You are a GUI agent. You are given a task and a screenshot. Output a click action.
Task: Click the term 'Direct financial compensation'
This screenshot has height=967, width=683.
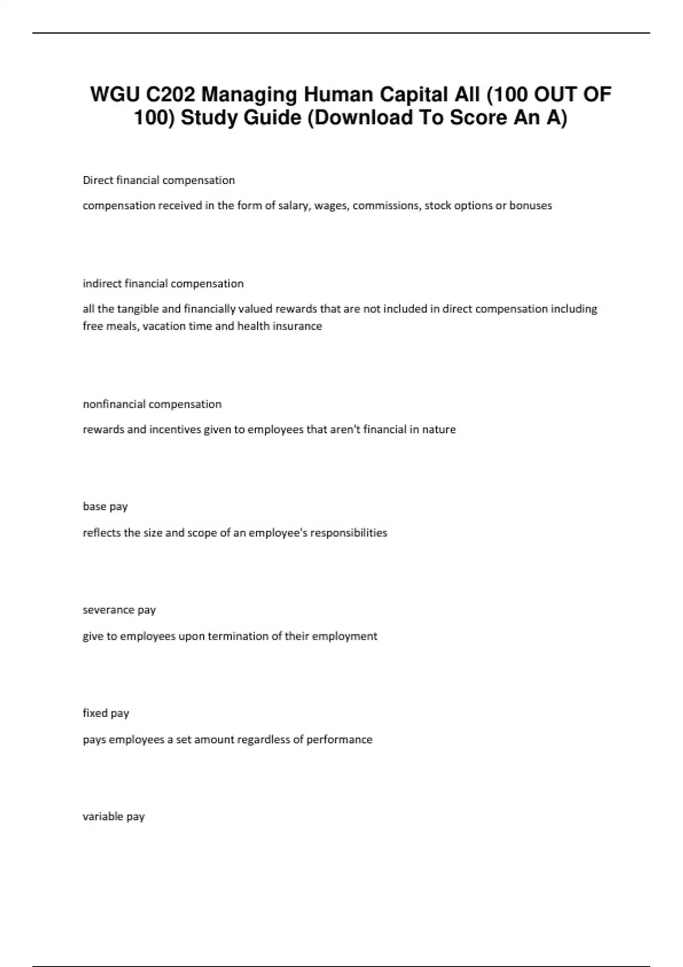(159, 180)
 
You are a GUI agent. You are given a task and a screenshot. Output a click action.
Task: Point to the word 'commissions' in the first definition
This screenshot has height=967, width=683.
(385, 205)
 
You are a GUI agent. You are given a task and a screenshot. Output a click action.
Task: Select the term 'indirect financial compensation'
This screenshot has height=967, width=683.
(163, 283)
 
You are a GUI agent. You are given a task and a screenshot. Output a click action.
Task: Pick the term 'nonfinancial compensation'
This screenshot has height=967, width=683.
(152, 404)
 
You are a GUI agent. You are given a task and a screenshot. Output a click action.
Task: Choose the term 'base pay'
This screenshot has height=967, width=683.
(105, 506)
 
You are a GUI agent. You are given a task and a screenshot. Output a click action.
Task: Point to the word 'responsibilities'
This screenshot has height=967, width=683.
(348, 532)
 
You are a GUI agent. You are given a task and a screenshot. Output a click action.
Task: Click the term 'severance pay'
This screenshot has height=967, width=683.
(120, 610)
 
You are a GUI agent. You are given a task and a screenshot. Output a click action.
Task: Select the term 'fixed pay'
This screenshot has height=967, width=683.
(106, 713)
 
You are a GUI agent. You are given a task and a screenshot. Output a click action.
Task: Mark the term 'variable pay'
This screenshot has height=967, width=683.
(114, 816)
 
